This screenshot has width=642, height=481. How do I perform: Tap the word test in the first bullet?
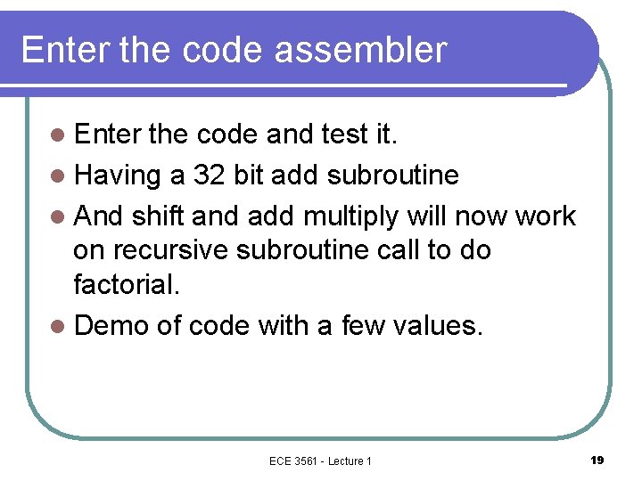pos(339,135)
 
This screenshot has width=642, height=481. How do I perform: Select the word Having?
pos(117,175)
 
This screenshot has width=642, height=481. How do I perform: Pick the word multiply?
pos(352,216)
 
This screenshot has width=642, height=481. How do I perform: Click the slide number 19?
pos(597,460)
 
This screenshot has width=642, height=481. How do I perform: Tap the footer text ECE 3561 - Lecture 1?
pos(320,461)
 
